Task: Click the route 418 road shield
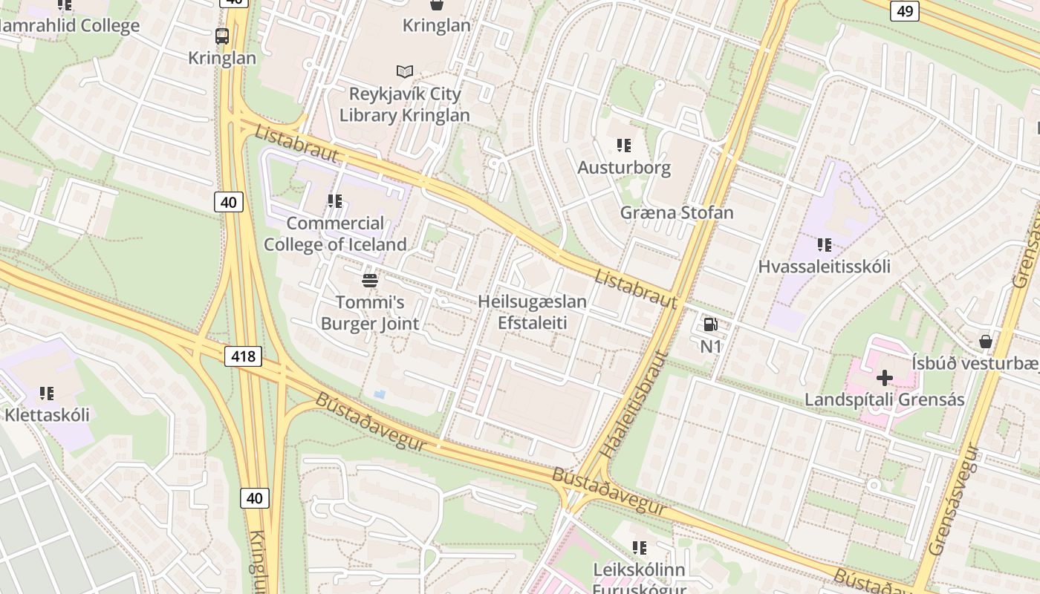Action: [x=243, y=356]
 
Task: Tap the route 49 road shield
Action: [x=904, y=10]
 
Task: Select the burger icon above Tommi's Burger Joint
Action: [x=369, y=281]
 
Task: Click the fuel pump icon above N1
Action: [x=710, y=324]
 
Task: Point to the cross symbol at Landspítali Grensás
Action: [x=884, y=378]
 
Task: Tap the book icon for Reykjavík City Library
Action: [x=404, y=72]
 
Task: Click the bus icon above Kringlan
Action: [x=221, y=36]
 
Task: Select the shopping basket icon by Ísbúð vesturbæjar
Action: [x=985, y=342]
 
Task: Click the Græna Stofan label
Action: [x=677, y=213]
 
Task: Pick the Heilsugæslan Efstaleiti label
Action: [x=532, y=312]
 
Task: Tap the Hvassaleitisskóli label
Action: [x=824, y=267]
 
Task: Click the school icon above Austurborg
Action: [x=624, y=146]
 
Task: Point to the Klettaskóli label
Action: [x=47, y=414]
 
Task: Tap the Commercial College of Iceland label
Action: [x=335, y=234]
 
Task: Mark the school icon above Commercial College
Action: [x=335, y=201]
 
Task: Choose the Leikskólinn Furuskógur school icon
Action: [x=640, y=548]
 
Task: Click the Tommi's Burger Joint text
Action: [x=369, y=313]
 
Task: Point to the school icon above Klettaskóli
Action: [x=47, y=393]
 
